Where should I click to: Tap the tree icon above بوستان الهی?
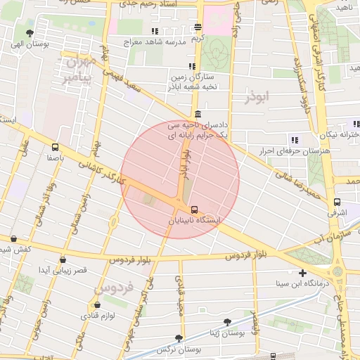click(29, 32)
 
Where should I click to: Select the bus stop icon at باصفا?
click(56, 147)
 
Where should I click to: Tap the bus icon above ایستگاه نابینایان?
click(194, 209)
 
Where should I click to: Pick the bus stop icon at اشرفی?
click(337, 202)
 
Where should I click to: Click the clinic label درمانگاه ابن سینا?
click(302, 284)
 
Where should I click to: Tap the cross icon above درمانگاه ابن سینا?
click(302, 273)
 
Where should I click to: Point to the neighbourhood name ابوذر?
click(257, 97)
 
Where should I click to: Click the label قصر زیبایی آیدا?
click(62, 270)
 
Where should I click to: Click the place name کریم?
click(199, 38)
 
